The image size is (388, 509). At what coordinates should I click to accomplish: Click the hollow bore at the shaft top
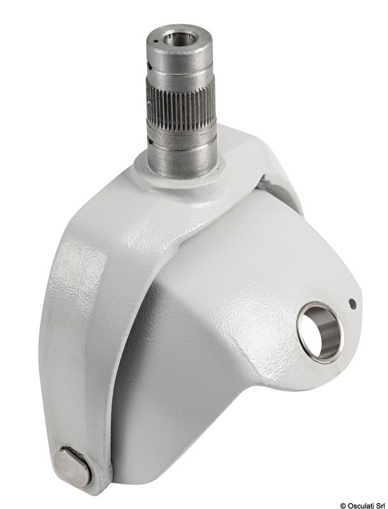[x=180, y=39]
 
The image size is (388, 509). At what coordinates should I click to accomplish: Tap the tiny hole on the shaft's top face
[x=156, y=41]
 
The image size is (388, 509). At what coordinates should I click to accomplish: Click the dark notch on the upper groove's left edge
[x=149, y=66]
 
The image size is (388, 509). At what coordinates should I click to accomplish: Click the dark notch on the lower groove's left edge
[x=150, y=139]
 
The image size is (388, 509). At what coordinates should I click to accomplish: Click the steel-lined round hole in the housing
[x=320, y=332]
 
